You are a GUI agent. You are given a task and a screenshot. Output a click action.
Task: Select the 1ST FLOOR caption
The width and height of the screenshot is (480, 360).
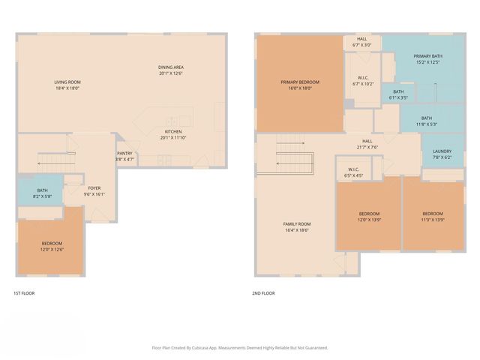click(24, 293)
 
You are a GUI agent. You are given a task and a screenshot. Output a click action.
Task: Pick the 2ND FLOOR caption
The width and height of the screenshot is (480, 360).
click(263, 293)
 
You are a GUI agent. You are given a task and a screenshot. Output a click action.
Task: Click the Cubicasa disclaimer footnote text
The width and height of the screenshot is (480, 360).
click(240, 347)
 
